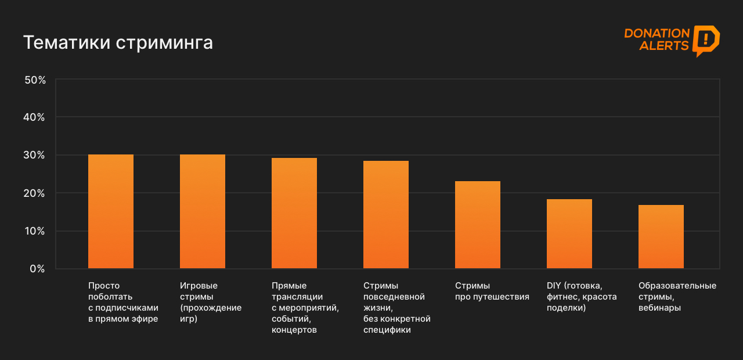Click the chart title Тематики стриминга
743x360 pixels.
click(x=118, y=43)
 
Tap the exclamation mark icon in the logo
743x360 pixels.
click(x=705, y=39)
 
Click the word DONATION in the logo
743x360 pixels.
click(x=657, y=34)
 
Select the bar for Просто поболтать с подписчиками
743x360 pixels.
click(x=111, y=211)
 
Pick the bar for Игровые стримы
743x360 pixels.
click(x=203, y=211)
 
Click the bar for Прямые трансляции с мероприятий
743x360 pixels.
click(x=294, y=213)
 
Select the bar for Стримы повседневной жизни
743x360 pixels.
click(x=386, y=215)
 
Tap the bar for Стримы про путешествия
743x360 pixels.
click(x=478, y=225)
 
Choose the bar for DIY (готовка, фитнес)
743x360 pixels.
click(x=569, y=234)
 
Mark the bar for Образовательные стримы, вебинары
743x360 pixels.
click(x=661, y=237)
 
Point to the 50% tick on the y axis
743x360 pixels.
click(x=35, y=80)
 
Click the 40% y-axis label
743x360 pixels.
click(x=35, y=117)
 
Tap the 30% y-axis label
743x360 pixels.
click(x=35, y=155)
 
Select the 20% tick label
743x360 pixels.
click(x=35, y=193)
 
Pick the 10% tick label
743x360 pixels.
click(x=35, y=231)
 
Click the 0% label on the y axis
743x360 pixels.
click(x=37, y=269)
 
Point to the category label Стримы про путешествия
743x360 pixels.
click(x=492, y=291)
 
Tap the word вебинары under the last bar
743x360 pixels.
click(x=659, y=308)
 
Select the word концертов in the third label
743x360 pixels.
click(x=294, y=330)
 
